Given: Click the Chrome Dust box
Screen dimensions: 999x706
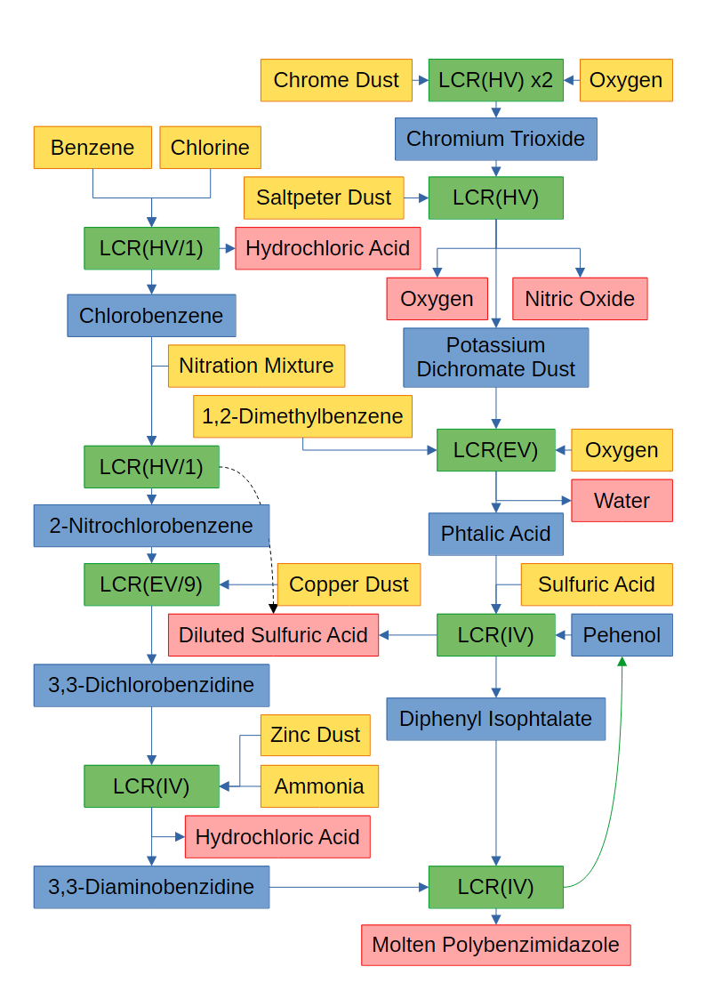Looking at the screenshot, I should pos(336,80).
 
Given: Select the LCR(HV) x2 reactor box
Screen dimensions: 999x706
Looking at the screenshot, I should pos(495,80).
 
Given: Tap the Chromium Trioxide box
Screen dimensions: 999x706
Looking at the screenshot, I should pos(495,139).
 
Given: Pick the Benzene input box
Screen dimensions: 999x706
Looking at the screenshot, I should pos(92,148).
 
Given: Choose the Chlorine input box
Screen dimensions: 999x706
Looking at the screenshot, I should pos(210,148).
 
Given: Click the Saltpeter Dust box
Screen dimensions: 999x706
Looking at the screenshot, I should pos(324,197).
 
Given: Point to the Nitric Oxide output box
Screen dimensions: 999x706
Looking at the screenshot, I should pos(580,299).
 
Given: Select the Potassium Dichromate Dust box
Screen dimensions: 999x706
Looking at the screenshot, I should pos(495,358).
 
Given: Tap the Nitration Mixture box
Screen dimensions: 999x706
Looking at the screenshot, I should pos(256,366).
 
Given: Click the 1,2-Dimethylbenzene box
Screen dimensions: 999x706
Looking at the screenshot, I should pos(302,416).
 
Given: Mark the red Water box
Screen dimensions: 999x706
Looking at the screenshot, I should pos(622,501).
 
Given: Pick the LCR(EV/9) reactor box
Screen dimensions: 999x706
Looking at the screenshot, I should pos(151,584).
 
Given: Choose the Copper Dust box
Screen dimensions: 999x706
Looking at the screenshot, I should pos(349,584).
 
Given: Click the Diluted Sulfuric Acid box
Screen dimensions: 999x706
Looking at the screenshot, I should pos(273,635).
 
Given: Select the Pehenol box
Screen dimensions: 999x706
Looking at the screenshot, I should pos(622,635).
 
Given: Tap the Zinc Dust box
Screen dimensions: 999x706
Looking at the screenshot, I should pos(315,735).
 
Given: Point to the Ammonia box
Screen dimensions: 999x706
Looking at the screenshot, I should pos(319,786).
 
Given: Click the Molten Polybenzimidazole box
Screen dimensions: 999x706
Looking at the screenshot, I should pos(495,945).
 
